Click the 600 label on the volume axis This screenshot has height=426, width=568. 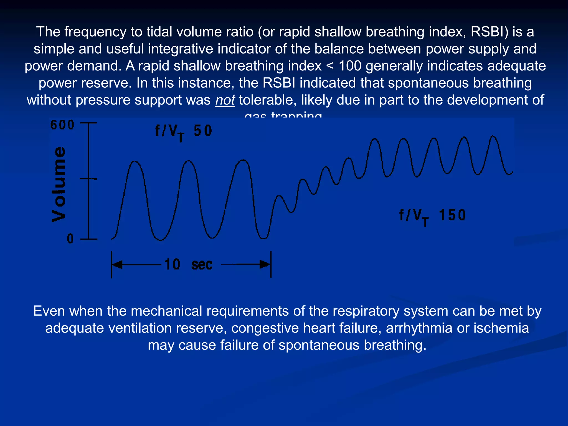[x=62, y=125]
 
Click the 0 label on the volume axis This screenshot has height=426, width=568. [x=70, y=239]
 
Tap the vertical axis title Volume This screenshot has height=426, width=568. [x=59, y=184]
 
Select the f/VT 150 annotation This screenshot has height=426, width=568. [x=432, y=216]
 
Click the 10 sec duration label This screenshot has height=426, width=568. [x=188, y=264]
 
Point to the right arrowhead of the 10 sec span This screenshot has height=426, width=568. [x=265, y=264]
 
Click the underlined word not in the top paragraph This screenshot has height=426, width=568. [x=225, y=100]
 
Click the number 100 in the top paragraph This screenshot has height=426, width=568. [x=350, y=66]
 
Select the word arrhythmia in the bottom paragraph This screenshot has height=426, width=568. [x=419, y=328]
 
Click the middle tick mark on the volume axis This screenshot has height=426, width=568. [x=88, y=179]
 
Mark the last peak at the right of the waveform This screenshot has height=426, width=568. [x=493, y=136]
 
